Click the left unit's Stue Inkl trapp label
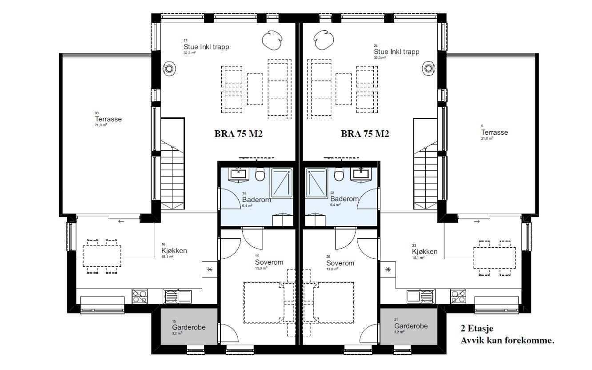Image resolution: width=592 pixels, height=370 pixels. pyautogui.click(x=206, y=47)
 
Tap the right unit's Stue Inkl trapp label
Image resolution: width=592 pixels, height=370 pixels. pyautogui.click(x=396, y=52)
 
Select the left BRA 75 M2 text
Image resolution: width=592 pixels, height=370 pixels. pyautogui.click(x=239, y=134)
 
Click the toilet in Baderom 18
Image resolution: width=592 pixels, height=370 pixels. pyautogui.click(x=260, y=175)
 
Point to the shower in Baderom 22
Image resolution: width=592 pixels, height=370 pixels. pyautogui.click(x=316, y=182)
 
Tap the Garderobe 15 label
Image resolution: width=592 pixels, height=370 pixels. pyautogui.click(x=188, y=327)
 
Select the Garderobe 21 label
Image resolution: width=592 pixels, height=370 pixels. pyautogui.click(x=411, y=326)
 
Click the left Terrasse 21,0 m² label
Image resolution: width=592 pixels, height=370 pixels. pyautogui.click(x=108, y=119)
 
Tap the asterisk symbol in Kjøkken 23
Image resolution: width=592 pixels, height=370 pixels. pyautogui.click(x=388, y=269)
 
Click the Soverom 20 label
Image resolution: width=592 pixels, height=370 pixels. pyautogui.click(x=340, y=263)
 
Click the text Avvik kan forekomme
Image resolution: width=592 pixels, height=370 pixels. pyautogui.click(x=508, y=341)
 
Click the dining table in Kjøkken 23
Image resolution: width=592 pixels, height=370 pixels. pyautogui.click(x=494, y=257)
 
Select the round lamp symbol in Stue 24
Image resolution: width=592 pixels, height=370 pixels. pyautogui.click(x=428, y=68)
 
